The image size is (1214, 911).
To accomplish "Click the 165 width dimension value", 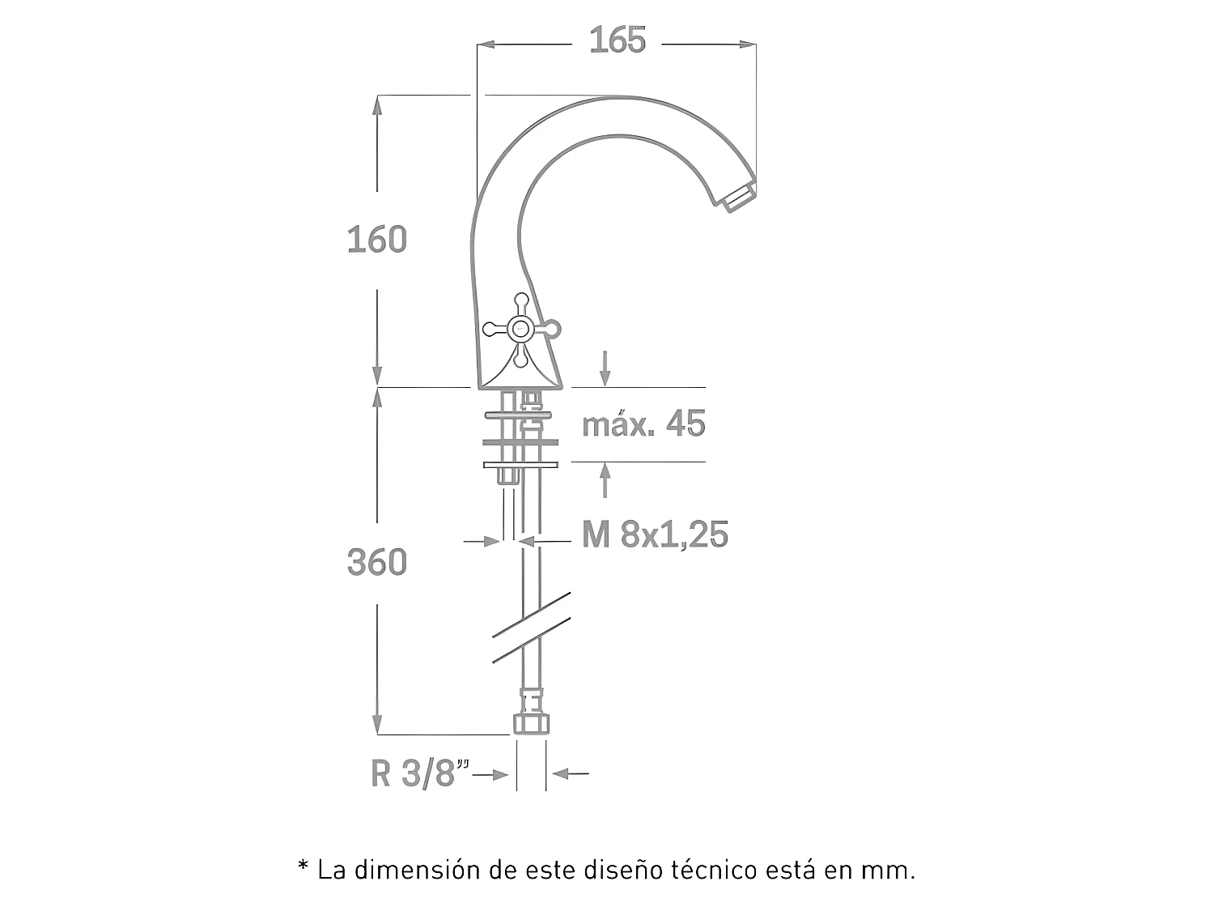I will click(618, 40).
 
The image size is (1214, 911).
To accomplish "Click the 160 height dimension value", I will click(376, 240).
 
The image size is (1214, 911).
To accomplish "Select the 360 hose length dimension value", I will click(376, 562).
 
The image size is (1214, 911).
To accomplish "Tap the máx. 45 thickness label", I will click(643, 424).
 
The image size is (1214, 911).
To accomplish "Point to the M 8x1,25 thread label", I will click(655, 534).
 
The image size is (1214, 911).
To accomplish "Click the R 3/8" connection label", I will click(420, 774).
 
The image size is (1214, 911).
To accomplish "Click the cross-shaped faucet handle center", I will click(520, 329).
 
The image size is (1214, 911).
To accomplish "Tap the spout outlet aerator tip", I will click(740, 197).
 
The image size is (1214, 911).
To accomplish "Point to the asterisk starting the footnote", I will click(303, 869).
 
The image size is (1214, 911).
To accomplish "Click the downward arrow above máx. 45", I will click(604, 371).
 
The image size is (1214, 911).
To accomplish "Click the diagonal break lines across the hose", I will click(531, 628).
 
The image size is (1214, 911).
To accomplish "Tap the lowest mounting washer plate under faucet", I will click(520, 465).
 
